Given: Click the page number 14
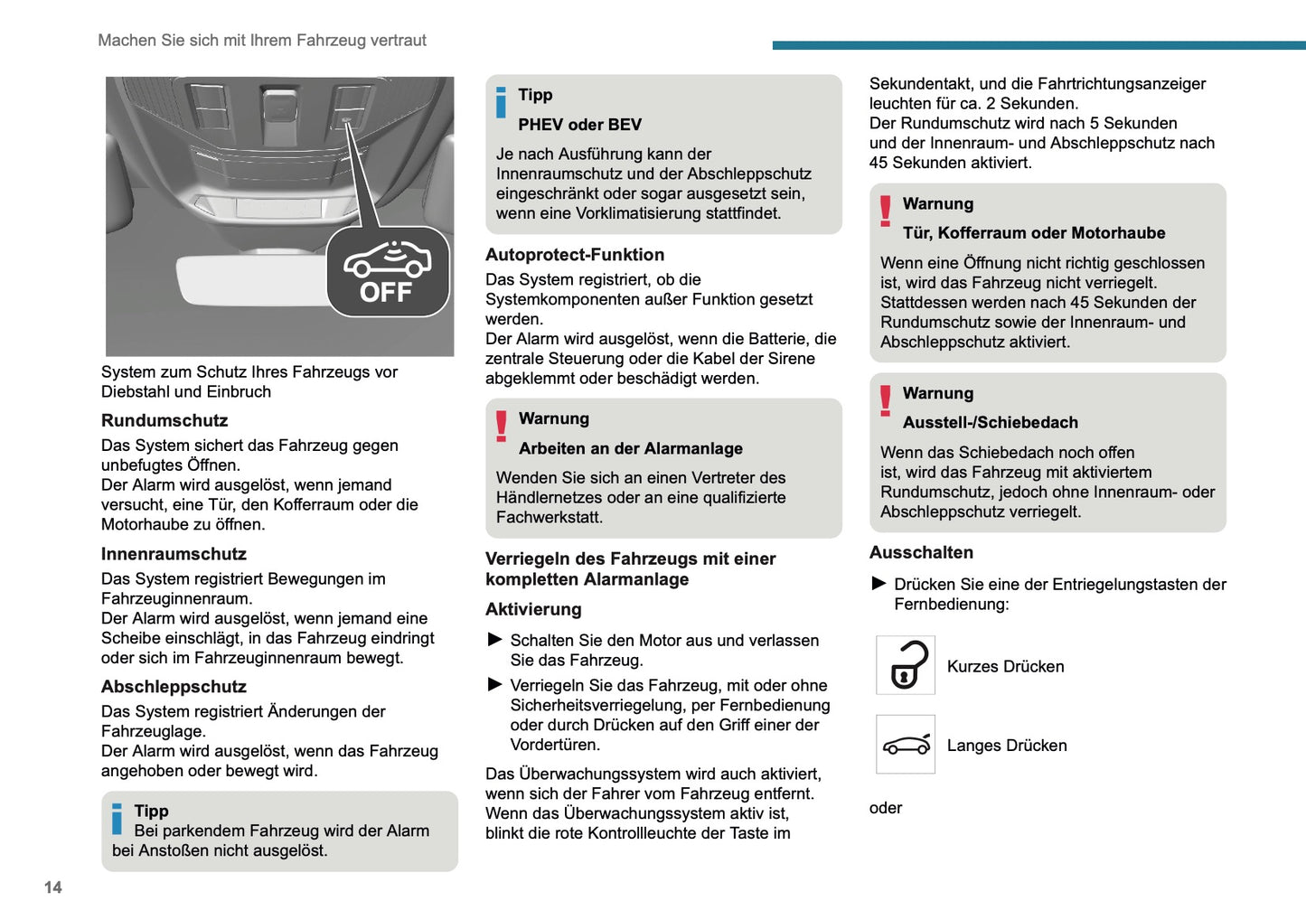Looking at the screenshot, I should pyautogui.click(x=53, y=887).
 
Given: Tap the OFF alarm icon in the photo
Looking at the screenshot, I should pyautogui.click(x=388, y=272).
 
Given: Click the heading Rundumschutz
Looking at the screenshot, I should pyautogui.click(x=164, y=420).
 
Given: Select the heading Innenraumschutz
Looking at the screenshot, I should pyautogui.click(x=174, y=554).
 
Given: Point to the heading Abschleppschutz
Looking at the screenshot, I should pyautogui.click(x=174, y=687).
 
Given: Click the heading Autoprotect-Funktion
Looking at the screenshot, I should pyautogui.click(x=575, y=255).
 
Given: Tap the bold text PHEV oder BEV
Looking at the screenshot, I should pyautogui.click(x=579, y=125).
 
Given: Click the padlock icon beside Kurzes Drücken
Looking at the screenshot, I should pyautogui.click(x=906, y=665).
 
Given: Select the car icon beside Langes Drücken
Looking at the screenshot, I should pyautogui.click(x=906, y=745).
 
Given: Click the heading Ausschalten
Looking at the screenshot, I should pyautogui.click(x=921, y=552).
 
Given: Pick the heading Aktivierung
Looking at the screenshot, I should pyautogui.click(x=533, y=609).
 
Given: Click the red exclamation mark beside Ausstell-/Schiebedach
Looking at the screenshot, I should pyautogui.click(x=885, y=400).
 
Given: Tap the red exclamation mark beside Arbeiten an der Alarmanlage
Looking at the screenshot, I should pyautogui.click(x=501, y=426).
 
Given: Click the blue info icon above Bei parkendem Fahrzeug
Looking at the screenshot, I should pyautogui.click(x=117, y=819).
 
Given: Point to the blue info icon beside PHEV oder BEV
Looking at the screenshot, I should pyautogui.click(x=501, y=102).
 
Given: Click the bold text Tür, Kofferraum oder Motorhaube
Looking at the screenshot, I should pyautogui.click(x=1034, y=233).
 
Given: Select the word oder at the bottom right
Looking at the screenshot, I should pyautogui.click(x=886, y=808).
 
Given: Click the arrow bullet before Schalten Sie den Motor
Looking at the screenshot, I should pyautogui.click(x=495, y=640).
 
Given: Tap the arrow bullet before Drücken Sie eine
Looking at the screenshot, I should pyautogui.click(x=878, y=584).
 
